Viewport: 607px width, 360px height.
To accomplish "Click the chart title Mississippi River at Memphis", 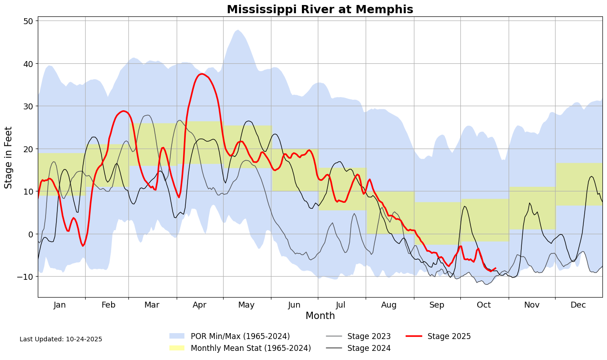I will click(x=320, y=10).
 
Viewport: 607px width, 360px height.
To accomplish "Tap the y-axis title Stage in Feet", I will click(x=9, y=157).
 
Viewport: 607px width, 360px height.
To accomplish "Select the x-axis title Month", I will click(x=320, y=316).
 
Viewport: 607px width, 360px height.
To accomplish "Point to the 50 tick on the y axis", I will click(x=28, y=21).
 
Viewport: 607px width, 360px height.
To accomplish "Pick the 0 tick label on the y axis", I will click(x=31, y=234).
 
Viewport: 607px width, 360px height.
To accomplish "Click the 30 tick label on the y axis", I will click(x=28, y=106).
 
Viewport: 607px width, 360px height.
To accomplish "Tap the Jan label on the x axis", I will click(x=60, y=305).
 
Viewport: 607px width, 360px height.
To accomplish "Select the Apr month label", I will click(x=199, y=305).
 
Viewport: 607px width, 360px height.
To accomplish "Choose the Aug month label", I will click(x=389, y=305).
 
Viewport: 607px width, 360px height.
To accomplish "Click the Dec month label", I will click(x=578, y=305).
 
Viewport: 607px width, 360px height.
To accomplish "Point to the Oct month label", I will click(x=484, y=305).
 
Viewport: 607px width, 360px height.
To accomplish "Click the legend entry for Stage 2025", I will click(x=449, y=336).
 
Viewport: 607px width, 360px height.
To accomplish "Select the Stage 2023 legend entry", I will click(x=369, y=336).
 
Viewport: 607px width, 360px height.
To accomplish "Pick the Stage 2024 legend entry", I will click(x=369, y=348).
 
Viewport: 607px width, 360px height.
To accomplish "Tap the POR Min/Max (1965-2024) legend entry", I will click(x=240, y=336).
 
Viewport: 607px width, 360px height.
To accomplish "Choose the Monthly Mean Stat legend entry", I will click(x=250, y=348).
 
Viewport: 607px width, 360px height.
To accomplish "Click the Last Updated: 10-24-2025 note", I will click(x=61, y=339).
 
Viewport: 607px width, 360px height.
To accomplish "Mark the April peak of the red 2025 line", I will click(x=201, y=74).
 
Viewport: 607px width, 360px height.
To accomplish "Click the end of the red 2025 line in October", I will click(x=495, y=268).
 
